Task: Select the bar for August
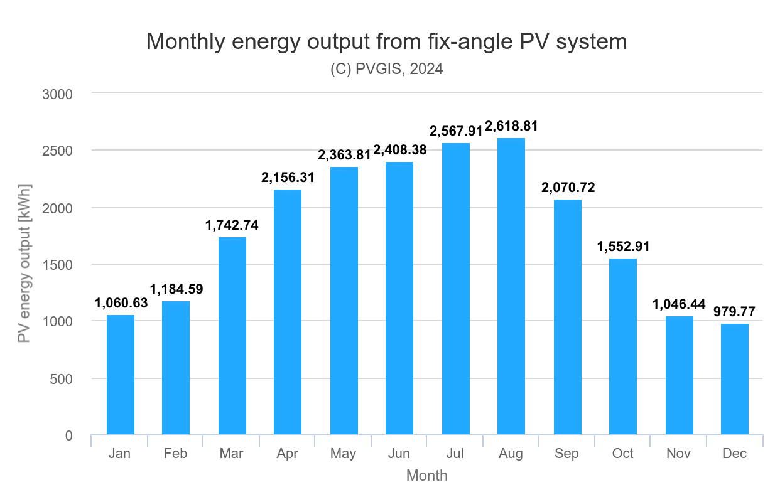(x=511, y=286)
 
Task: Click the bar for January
(x=120, y=375)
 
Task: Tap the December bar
(x=734, y=379)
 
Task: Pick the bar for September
(x=567, y=317)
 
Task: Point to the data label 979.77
(x=734, y=312)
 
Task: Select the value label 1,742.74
(x=232, y=225)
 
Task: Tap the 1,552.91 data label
(x=623, y=247)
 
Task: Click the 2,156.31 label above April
(x=288, y=178)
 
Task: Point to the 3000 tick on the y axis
(x=58, y=94)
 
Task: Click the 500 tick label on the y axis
(x=61, y=379)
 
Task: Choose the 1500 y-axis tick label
(x=58, y=265)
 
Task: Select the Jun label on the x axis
(x=399, y=454)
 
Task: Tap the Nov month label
(x=679, y=454)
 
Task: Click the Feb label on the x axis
(x=175, y=454)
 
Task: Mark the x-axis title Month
(x=427, y=476)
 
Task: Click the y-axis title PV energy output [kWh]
(x=24, y=264)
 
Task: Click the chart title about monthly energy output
(x=386, y=41)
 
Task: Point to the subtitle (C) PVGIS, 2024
(x=386, y=69)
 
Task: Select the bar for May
(x=344, y=301)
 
